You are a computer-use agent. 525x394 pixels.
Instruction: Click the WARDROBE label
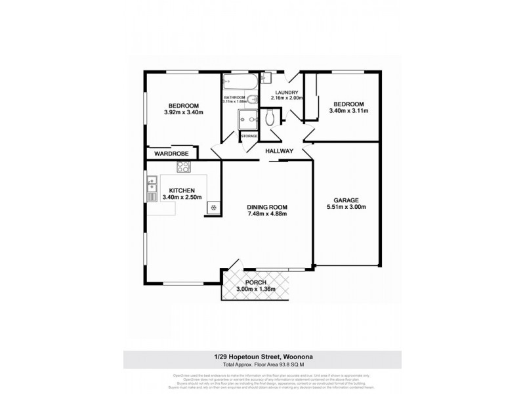[172, 154]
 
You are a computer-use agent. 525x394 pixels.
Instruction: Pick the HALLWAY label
[279, 151]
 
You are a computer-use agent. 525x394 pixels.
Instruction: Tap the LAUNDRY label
[287, 93]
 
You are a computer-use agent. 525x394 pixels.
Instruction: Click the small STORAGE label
[249, 136]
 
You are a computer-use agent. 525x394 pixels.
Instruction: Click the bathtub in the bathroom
[239, 82]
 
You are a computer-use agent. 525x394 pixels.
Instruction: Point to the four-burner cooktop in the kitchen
[182, 168]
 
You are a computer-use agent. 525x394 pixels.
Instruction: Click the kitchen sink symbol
[152, 180]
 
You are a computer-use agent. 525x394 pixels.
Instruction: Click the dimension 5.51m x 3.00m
[346, 208]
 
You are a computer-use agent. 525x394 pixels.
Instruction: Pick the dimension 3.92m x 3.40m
[184, 113]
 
